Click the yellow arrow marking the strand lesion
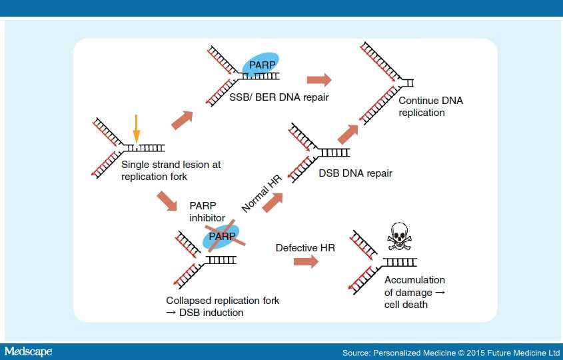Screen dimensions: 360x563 (136, 129)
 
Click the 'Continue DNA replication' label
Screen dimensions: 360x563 (430, 107)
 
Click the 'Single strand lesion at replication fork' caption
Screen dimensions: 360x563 (171, 171)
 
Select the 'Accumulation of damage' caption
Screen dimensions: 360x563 (414, 292)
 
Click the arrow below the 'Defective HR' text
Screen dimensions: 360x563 (306, 262)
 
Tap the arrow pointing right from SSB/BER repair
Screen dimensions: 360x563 (318, 79)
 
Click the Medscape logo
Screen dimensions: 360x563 (29, 351)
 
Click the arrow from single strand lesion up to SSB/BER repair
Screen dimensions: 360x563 (181, 121)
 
